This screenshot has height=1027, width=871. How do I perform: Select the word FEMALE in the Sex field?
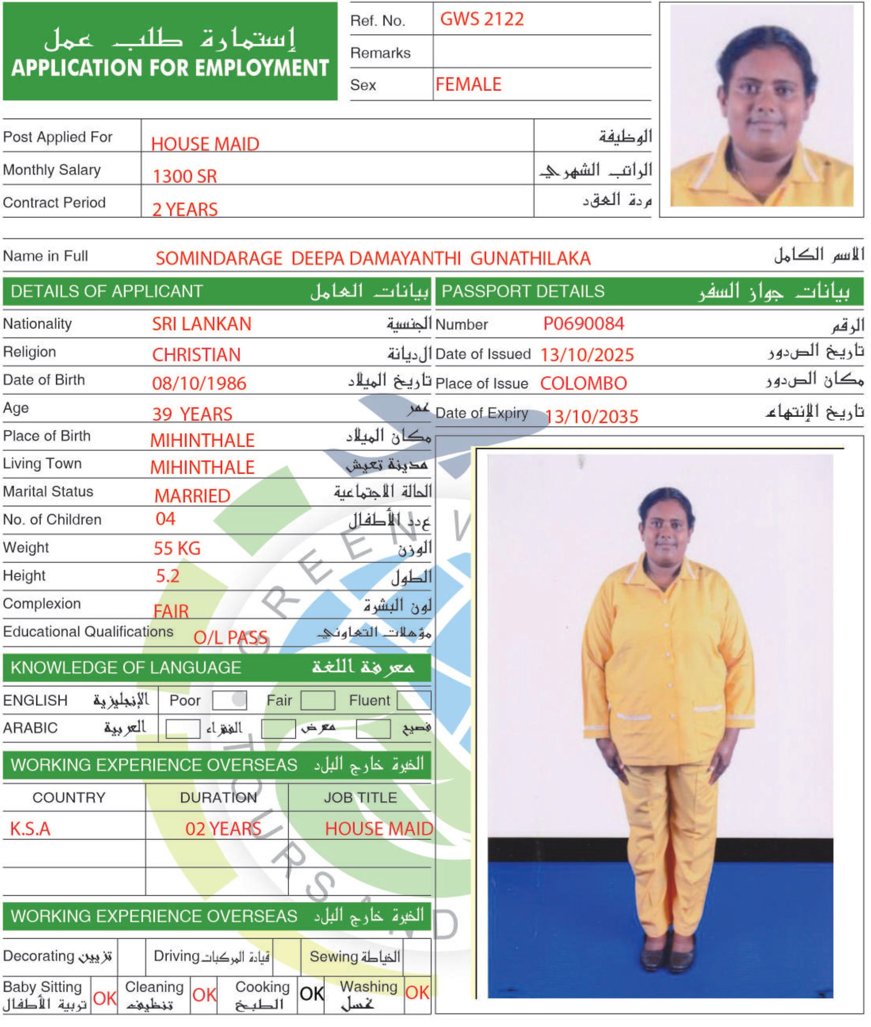pyautogui.click(x=468, y=84)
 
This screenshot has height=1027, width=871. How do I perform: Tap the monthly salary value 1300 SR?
pyautogui.click(x=184, y=176)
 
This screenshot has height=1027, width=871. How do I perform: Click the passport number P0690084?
pyautogui.click(x=584, y=324)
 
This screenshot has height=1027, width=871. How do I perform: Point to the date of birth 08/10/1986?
pyautogui.click(x=199, y=384)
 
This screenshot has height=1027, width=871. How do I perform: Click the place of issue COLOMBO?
pyautogui.click(x=583, y=384)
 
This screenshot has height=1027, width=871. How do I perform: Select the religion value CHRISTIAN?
pyautogui.click(x=196, y=355)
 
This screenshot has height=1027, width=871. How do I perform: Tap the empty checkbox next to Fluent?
pyautogui.click(x=414, y=700)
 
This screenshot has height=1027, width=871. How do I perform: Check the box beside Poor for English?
pyautogui.click(x=229, y=700)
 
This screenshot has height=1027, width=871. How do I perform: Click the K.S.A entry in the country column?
pyautogui.click(x=30, y=828)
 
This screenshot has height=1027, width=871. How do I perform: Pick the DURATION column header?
pyautogui.click(x=218, y=798)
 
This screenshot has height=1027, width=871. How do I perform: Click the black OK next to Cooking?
pyautogui.click(x=311, y=994)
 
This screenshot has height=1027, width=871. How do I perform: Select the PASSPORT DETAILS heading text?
pyautogui.click(x=523, y=291)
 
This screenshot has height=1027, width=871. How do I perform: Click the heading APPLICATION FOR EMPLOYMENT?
pyautogui.click(x=170, y=68)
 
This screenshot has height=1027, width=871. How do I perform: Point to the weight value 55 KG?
pyautogui.click(x=177, y=548)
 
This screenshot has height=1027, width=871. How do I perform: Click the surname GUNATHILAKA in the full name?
pyautogui.click(x=530, y=259)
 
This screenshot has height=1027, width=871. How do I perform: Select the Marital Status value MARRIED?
pyautogui.click(x=192, y=496)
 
